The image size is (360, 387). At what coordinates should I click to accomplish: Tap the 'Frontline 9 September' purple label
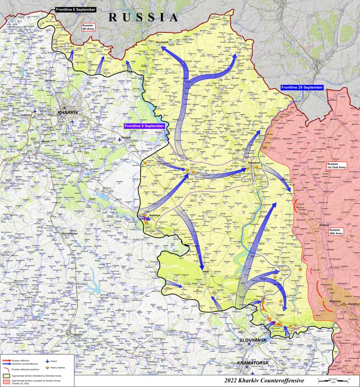144,126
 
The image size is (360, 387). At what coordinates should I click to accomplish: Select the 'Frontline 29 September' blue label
301,87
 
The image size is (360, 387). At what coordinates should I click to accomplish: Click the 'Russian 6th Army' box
87,27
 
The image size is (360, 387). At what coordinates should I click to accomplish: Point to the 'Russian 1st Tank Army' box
336,166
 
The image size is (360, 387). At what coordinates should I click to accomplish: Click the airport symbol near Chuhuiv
120,139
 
